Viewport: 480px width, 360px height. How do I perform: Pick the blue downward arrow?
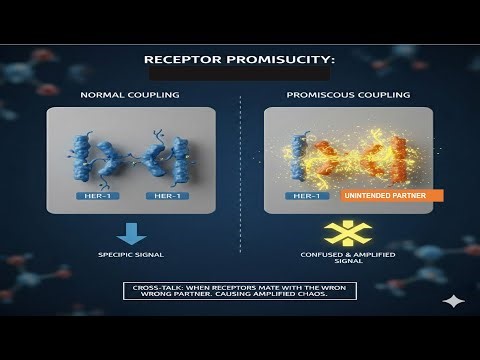(x=130, y=233)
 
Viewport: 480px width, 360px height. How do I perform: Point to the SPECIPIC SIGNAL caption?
(x=130, y=255)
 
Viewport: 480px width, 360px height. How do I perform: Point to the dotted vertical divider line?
(x=240, y=170)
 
